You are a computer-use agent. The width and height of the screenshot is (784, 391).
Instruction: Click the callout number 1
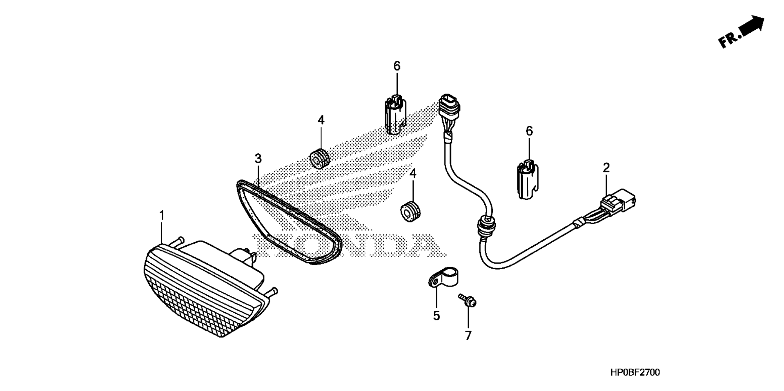[x=162, y=215]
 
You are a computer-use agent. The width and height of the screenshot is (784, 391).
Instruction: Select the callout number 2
[x=606, y=168]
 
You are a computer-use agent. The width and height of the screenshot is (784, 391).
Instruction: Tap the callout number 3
[x=258, y=158]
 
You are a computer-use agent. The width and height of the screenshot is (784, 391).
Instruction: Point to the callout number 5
[x=437, y=316]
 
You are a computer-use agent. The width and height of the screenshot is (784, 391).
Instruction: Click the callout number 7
[x=468, y=336]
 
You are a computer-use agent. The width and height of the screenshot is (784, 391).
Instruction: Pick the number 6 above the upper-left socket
[x=397, y=66]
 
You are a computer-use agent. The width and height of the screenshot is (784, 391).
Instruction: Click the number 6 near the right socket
[x=529, y=131]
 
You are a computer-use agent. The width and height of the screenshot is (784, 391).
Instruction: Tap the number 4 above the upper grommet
[x=321, y=120]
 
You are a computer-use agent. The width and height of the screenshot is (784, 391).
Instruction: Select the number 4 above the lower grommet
[x=413, y=173]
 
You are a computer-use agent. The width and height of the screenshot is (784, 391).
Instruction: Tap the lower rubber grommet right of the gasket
[x=410, y=211]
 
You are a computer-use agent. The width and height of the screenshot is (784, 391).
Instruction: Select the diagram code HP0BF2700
[x=635, y=372]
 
